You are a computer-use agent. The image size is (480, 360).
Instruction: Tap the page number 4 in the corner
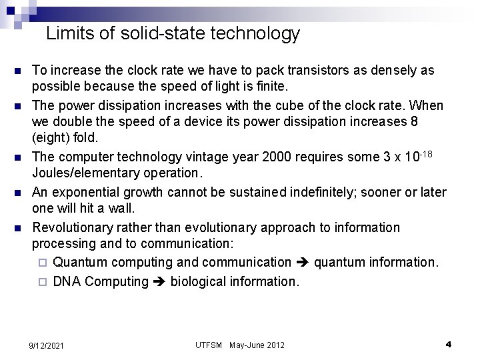point(449,345)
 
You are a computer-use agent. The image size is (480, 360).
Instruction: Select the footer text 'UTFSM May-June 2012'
point(240,345)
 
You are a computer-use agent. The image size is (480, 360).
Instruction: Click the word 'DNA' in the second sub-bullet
point(67,281)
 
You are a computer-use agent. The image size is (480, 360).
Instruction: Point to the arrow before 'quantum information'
point(302,263)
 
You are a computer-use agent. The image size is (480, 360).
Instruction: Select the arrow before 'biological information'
point(159,281)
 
